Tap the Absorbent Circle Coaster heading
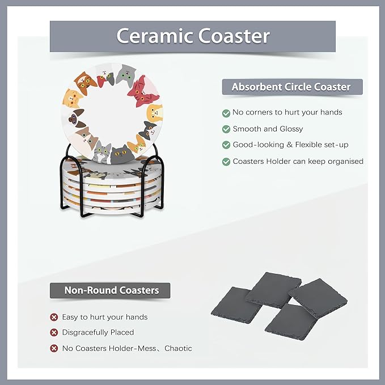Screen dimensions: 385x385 pyautogui.click(x=291, y=87)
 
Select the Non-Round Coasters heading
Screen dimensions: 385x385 pyautogui.click(x=111, y=290)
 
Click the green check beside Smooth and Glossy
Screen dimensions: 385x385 pyautogui.click(x=226, y=129)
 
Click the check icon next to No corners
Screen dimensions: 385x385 pyautogui.click(x=226, y=113)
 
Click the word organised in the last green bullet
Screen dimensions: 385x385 pyautogui.click(x=340, y=162)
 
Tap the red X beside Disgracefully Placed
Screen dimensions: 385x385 pyautogui.click(x=54, y=333)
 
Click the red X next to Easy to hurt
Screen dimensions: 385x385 pyautogui.click(x=54, y=317)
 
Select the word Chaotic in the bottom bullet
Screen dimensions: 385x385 pyautogui.click(x=178, y=349)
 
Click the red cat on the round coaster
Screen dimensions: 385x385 pyautogui.click(x=138, y=88)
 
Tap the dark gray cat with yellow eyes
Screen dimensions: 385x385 pyautogui.click(x=120, y=153)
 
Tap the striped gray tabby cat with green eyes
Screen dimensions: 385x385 pyautogui.click(x=103, y=151)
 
